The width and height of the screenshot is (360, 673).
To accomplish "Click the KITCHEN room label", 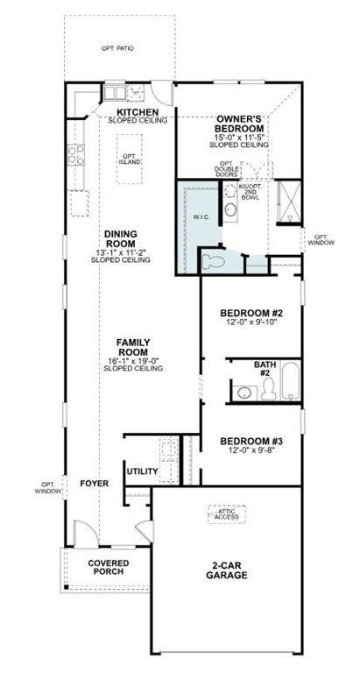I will [x=137, y=113].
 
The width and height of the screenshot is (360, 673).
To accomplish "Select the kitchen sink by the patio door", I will [x=117, y=91].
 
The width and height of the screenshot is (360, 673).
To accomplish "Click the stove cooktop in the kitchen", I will [x=76, y=156].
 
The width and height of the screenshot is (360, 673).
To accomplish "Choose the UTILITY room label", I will [x=142, y=471].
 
